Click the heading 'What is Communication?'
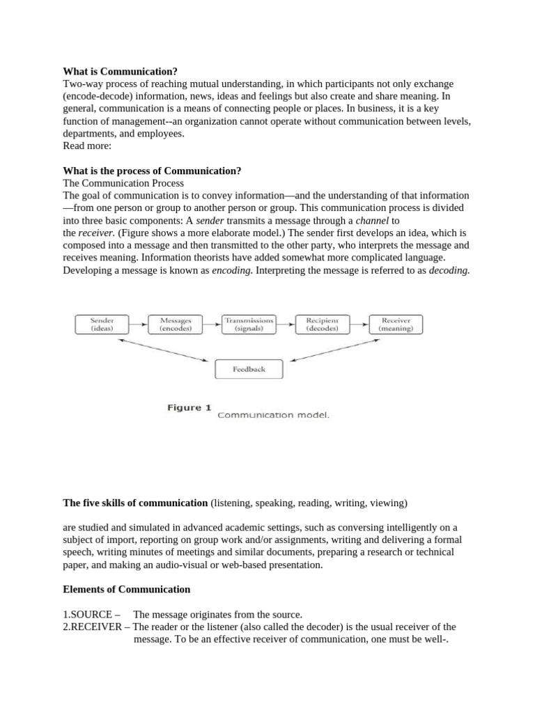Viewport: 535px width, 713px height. [x=120, y=72]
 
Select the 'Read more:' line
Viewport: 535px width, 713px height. [x=87, y=146]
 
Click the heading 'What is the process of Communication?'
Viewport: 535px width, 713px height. [x=152, y=171]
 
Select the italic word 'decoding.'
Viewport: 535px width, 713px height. [x=448, y=271]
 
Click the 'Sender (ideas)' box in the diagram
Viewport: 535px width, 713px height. [x=102, y=324]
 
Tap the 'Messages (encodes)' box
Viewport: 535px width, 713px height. [x=176, y=324]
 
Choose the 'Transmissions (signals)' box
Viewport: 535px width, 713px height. [x=249, y=324]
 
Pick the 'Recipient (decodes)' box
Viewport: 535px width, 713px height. [x=322, y=324]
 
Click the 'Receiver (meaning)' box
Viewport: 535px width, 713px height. [x=396, y=324]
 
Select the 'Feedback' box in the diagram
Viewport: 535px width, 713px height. [x=249, y=369]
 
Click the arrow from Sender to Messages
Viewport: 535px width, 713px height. [x=139, y=324]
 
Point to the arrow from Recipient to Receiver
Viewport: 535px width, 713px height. [x=359, y=324]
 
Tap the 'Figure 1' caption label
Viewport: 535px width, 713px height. [x=189, y=408]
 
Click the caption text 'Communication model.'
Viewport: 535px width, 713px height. [x=273, y=415]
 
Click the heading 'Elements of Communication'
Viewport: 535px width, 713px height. [x=126, y=589]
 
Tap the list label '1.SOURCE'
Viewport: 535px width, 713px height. [x=88, y=614]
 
